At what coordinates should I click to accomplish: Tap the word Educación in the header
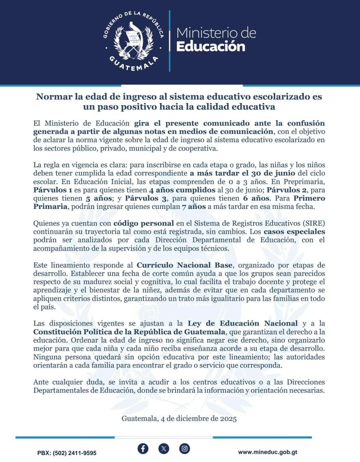(x=211, y=47)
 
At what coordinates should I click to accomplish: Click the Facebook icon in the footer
(x=143, y=448)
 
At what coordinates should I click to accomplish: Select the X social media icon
(x=164, y=448)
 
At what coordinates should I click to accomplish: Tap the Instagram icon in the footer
(x=184, y=448)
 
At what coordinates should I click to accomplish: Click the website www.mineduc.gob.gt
(x=275, y=452)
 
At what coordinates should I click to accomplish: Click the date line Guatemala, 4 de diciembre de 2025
(x=179, y=419)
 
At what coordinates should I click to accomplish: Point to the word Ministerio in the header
(x=216, y=33)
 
